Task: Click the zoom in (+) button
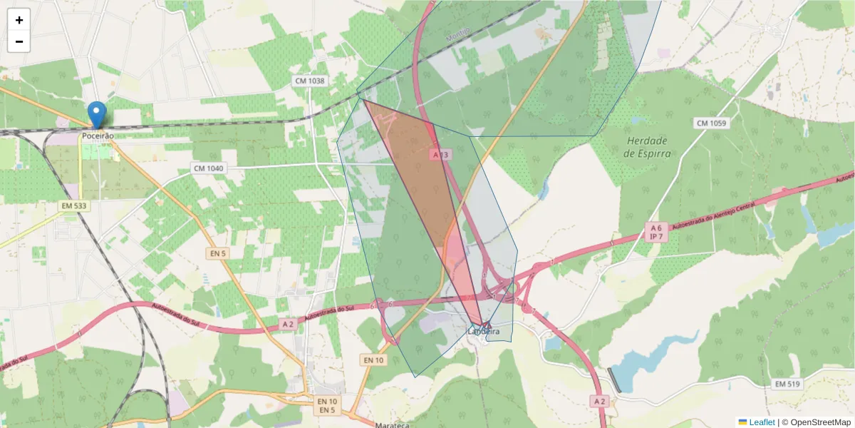point(19,20)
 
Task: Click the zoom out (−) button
point(19,41)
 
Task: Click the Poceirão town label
point(98,136)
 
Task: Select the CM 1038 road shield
point(309,81)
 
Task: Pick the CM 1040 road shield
point(208,168)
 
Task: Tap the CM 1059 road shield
point(710,123)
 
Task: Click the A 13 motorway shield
point(440,155)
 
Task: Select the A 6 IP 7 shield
point(656,232)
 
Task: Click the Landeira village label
point(484,332)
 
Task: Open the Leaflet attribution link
point(762,422)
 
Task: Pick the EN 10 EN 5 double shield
point(327,406)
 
